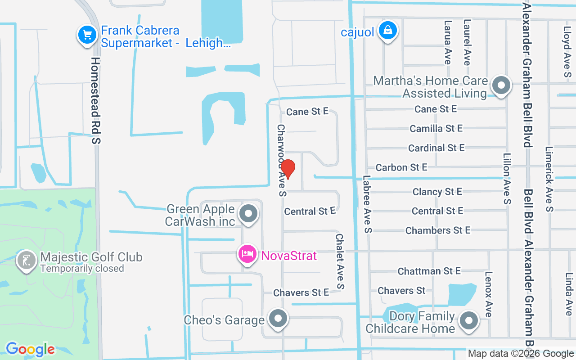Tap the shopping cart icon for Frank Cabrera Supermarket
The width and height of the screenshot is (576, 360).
click(87, 34)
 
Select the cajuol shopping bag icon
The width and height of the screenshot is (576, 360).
click(387, 30)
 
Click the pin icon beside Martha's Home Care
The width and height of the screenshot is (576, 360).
click(501, 85)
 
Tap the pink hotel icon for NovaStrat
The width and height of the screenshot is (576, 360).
click(247, 255)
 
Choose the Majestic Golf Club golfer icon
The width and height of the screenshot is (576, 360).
click(27, 261)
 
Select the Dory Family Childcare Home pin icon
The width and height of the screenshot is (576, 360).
click(469, 321)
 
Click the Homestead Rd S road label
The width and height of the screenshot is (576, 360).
click(95, 100)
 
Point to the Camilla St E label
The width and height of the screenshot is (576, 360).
click(436, 128)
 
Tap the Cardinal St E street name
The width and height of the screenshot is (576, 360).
click(436, 148)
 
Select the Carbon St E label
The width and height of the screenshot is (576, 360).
click(401, 167)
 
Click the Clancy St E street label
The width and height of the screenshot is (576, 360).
click(437, 192)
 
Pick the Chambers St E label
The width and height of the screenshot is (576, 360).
click(437, 230)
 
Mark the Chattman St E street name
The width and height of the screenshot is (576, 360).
click(429, 271)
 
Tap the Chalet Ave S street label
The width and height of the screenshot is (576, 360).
click(340, 261)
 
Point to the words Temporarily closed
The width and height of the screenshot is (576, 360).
click(82, 269)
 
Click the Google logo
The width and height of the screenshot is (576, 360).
click(30, 349)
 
